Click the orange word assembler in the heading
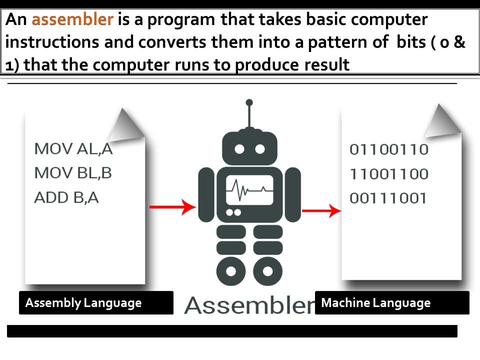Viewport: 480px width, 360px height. [x=72, y=19]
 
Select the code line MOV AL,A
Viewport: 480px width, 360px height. [x=73, y=148]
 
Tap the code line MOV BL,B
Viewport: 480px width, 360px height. [x=73, y=173]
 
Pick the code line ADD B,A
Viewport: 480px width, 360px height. [x=66, y=197]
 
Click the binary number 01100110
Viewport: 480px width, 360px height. [x=389, y=149]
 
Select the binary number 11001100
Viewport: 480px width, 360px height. [x=389, y=174]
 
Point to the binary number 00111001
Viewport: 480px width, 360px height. [x=388, y=198]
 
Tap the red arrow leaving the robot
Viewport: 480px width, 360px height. [x=320, y=211]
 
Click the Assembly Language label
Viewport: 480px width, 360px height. [x=83, y=302]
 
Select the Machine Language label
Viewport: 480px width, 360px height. [x=375, y=302]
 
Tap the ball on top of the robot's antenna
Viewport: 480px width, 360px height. [x=249, y=103]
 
